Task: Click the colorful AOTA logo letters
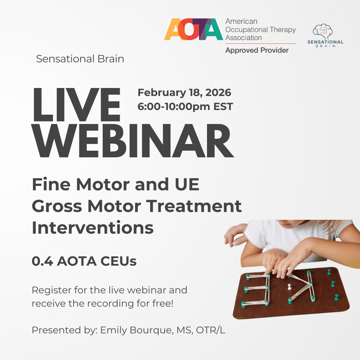pos(193,29)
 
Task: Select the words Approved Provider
pos(257,50)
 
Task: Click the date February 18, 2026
pos(184,93)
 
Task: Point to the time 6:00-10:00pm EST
pos(185,107)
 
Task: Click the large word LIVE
pos(76,105)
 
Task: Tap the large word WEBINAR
pos(133,141)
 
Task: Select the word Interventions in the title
pos(93,228)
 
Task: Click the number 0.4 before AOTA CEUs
pos(42,261)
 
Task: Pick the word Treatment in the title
pos(194,206)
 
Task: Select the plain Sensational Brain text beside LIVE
pos(80,59)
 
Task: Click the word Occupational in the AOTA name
pos(247,30)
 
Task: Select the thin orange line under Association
pos(261,43)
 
